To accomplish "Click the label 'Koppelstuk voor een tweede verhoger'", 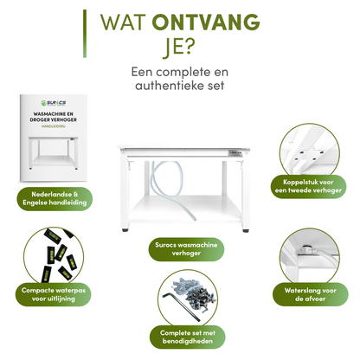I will pyautogui.click(x=313, y=187).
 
